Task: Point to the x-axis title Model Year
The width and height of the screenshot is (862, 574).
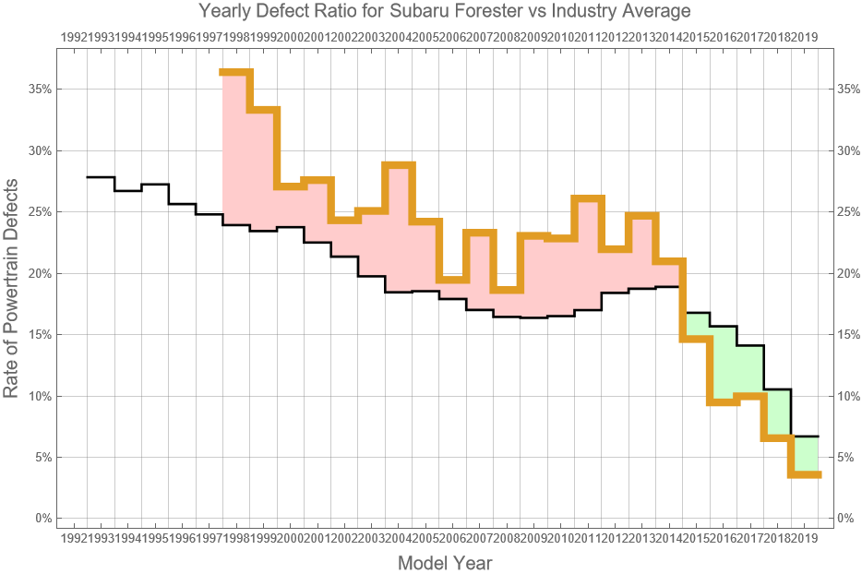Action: tap(444, 563)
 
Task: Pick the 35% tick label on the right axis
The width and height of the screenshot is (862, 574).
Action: tap(850, 90)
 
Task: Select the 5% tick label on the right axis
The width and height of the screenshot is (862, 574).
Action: tap(847, 457)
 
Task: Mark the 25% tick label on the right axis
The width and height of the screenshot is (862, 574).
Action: tap(850, 211)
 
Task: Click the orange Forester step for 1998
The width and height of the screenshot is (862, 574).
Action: tap(235, 72)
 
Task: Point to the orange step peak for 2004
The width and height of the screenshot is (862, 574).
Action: tap(399, 165)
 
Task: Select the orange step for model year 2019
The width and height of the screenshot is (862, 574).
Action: tap(806, 474)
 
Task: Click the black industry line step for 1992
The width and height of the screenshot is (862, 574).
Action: tap(101, 176)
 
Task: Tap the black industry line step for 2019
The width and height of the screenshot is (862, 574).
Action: tap(806, 436)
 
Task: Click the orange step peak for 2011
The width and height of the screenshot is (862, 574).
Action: tap(589, 198)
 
